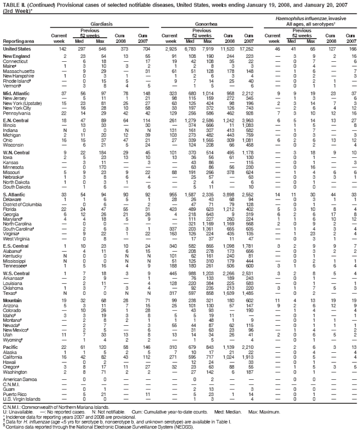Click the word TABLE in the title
pyautogui.click(x=11, y=4)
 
